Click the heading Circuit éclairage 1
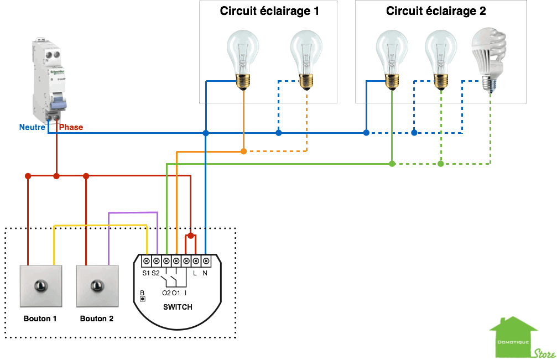tap(269, 11)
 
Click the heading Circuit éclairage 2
tap(436, 11)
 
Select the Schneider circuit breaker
tap(50, 81)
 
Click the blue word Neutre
tap(32, 127)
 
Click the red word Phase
tap(71, 127)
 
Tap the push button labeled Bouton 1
tap(41, 286)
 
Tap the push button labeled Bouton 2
tap(97, 286)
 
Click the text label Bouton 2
tap(97, 319)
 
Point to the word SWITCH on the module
tap(178, 307)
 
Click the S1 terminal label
tap(146, 273)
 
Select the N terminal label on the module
tap(205, 273)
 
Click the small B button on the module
tap(143, 299)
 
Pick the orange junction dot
tap(244, 151)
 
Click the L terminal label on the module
tap(195, 273)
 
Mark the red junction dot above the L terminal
tap(190, 236)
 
